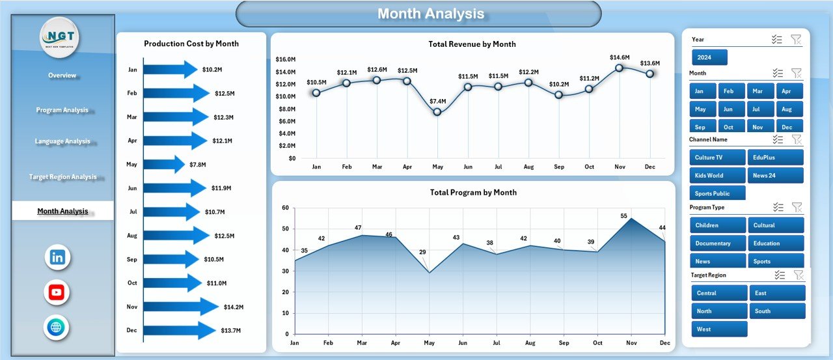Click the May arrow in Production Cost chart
click(x=163, y=164)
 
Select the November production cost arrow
click(x=181, y=307)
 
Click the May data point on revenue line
click(x=437, y=112)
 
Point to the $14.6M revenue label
click(x=620, y=57)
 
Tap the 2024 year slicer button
click(x=709, y=57)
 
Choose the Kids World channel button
click(x=717, y=175)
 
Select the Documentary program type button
click(x=717, y=243)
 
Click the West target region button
click(x=719, y=329)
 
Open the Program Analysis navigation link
click(x=62, y=110)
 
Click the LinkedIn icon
click(x=57, y=257)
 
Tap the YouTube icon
click(x=57, y=292)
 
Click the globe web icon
click(x=57, y=327)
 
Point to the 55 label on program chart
click(x=623, y=216)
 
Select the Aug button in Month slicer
click(x=787, y=109)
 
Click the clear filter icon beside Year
click(x=796, y=40)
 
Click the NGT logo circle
click(x=59, y=38)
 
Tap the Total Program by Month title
click(x=473, y=193)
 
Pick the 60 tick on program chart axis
click(x=284, y=208)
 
